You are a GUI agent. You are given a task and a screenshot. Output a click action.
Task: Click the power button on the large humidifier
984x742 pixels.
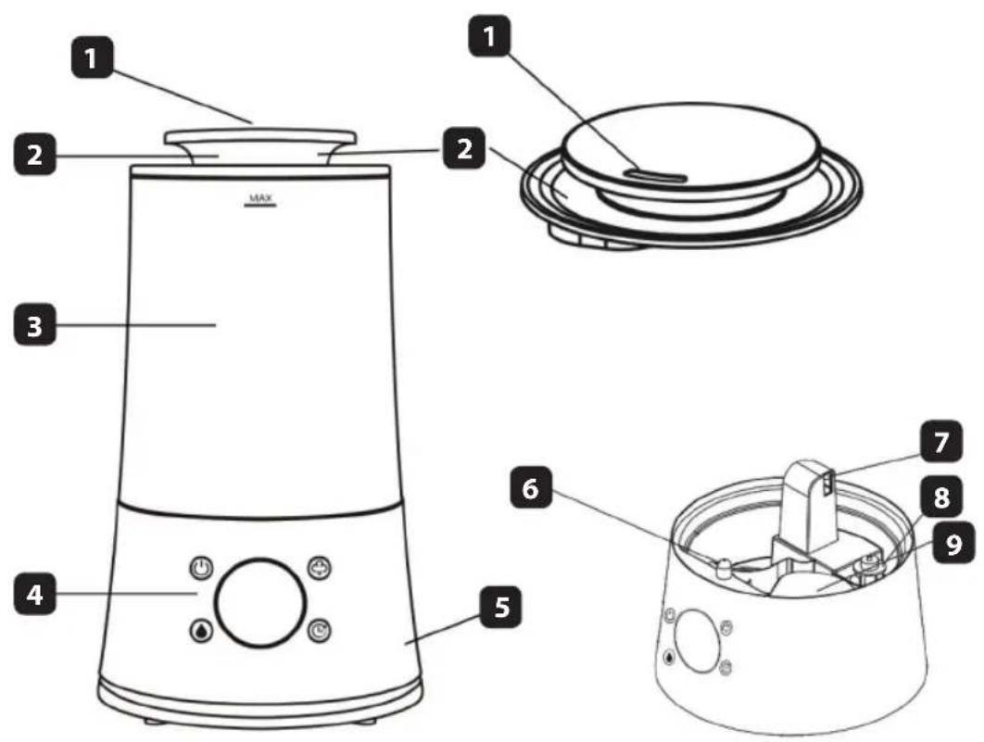click(201, 569)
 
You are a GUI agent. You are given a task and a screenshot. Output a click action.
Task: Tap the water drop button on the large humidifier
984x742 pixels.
click(201, 631)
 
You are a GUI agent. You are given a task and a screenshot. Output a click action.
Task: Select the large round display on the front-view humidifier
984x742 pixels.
click(260, 602)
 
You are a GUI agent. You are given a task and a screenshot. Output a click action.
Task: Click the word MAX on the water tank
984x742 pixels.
click(260, 199)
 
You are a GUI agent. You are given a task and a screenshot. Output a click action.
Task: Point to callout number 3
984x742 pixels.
click(35, 325)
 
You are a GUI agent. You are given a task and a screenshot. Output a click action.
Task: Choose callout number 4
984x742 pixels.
click(35, 594)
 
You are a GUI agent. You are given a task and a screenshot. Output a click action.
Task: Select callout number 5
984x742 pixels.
click(500, 607)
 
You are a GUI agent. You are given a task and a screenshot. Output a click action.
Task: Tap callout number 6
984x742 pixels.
click(531, 488)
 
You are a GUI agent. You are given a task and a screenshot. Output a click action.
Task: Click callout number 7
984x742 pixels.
click(941, 442)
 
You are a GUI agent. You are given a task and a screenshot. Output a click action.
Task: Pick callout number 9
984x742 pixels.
click(953, 544)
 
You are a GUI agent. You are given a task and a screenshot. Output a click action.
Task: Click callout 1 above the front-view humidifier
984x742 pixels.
click(93, 57)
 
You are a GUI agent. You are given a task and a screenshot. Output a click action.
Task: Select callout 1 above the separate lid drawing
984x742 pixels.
click(490, 36)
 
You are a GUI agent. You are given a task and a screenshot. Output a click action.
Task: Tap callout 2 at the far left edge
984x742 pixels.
click(35, 154)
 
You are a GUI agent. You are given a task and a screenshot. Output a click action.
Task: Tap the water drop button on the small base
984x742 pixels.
click(670, 658)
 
